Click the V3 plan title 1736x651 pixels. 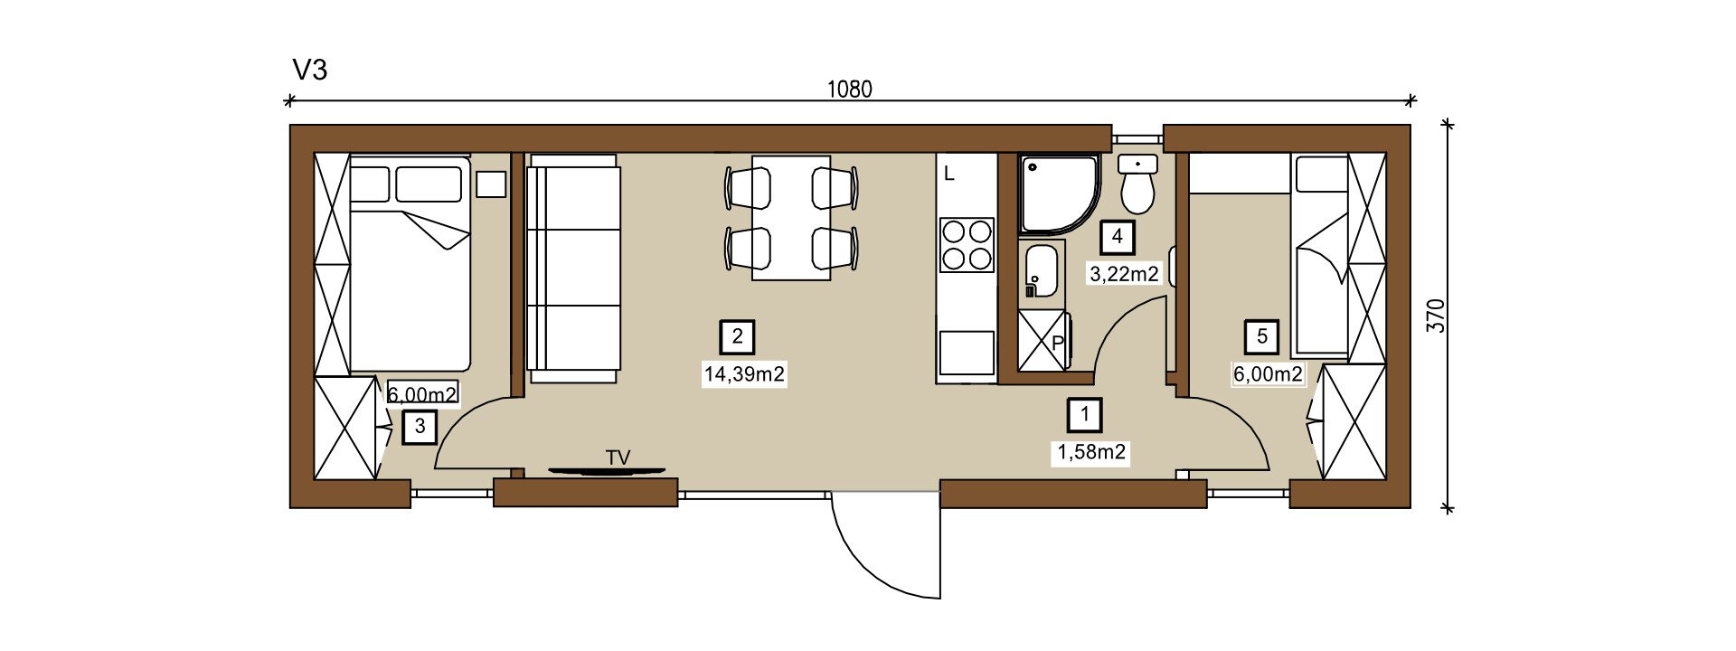(x=309, y=70)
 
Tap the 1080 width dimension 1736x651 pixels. (x=849, y=90)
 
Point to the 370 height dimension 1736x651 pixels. (x=1436, y=316)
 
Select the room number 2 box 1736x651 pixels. (x=737, y=337)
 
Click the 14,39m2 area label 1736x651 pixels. (x=744, y=373)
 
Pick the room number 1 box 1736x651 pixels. (x=1085, y=415)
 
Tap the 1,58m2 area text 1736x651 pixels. (x=1092, y=452)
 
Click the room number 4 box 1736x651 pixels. (x=1118, y=237)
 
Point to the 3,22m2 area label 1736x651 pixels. (x=1124, y=274)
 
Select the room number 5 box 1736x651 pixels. (x=1262, y=337)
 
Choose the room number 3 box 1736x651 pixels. (x=420, y=426)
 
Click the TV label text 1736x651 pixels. (x=618, y=458)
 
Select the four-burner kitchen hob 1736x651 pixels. (x=967, y=245)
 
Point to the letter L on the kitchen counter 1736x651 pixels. (x=949, y=174)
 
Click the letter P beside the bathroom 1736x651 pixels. (x=1058, y=344)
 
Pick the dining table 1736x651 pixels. (x=791, y=218)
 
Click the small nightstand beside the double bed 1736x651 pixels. (x=491, y=184)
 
